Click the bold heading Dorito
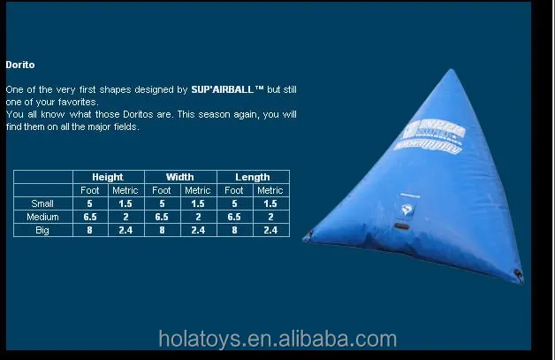coord(19,65)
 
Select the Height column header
coord(108,177)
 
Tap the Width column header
coord(180,177)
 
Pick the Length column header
coord(253,177)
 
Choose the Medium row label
coord(42,217)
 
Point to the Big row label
coord(42,230)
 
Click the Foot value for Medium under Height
coord(90,217)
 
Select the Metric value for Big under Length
coord(270,230)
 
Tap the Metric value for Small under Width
coord(198,203)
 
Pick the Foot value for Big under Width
coord(163,230)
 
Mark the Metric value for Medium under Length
coord(270,217)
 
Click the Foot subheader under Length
coord(234,190)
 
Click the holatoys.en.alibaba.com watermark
coord(277,339)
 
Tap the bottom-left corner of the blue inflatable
coord(307,236)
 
